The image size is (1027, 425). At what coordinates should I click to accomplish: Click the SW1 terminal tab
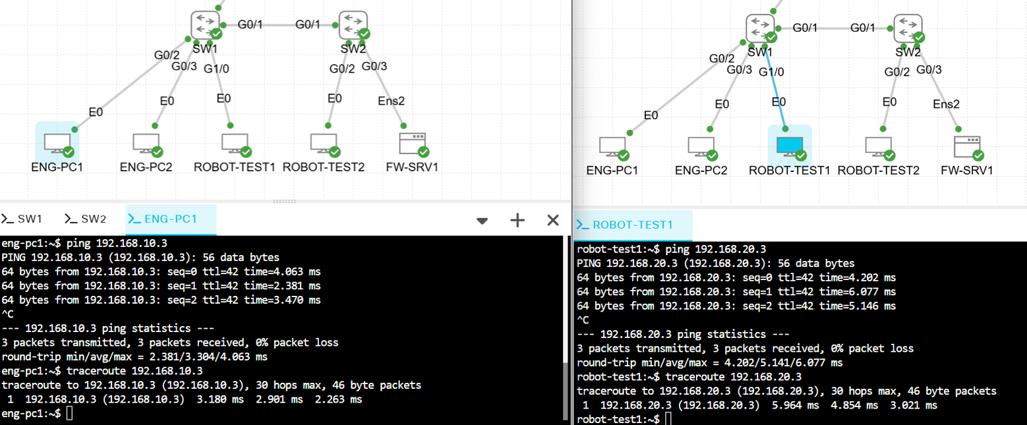click(22, 219)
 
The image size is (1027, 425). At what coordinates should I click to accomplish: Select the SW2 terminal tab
click(86, 219)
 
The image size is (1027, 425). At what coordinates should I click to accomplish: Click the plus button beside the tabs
click(517, 220)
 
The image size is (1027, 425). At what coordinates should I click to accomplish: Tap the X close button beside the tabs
click(553, 220)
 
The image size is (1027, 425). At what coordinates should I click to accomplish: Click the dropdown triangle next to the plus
click(482, 221)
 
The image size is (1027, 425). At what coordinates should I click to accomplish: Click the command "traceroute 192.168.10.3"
click(134, 370)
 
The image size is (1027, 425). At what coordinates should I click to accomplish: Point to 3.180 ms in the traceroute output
click(220, 399)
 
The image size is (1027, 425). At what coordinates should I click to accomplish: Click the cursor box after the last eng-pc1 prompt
click(69, 414)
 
